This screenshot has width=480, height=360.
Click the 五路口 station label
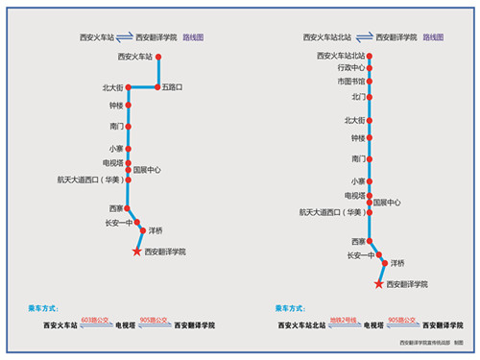[x=172, y=87]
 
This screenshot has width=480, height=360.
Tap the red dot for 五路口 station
[x=156, y=87]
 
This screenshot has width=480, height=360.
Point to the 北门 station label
[x=358, y=97]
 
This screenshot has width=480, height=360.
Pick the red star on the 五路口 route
[x=136, y=252]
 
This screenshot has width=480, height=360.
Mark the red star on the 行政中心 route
[x=378, y=284]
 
